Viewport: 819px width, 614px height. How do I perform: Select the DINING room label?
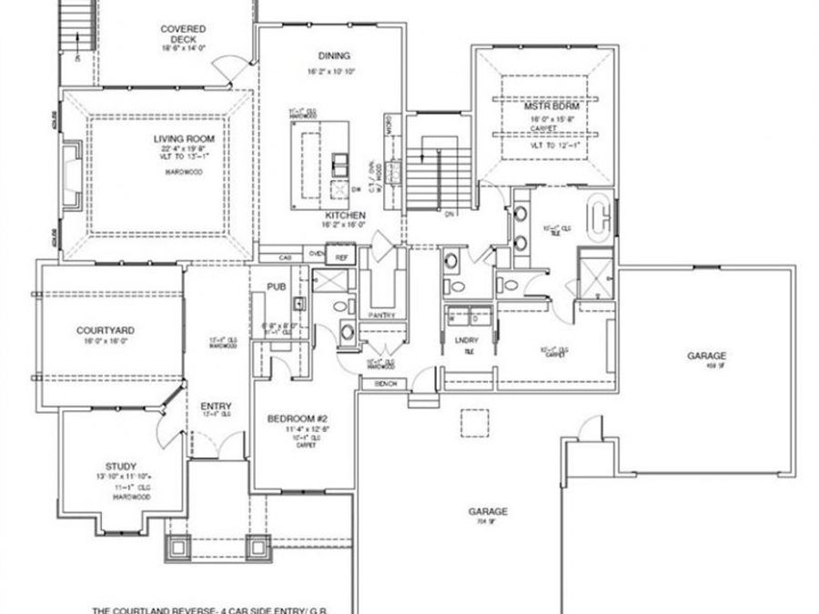328,55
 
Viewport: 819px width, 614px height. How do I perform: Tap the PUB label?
277,287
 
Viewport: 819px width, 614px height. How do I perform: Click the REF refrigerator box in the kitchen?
341,257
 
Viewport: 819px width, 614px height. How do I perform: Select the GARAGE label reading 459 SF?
706,357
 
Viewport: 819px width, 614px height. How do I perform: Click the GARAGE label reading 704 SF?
490,511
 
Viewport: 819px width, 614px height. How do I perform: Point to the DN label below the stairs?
448,215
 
